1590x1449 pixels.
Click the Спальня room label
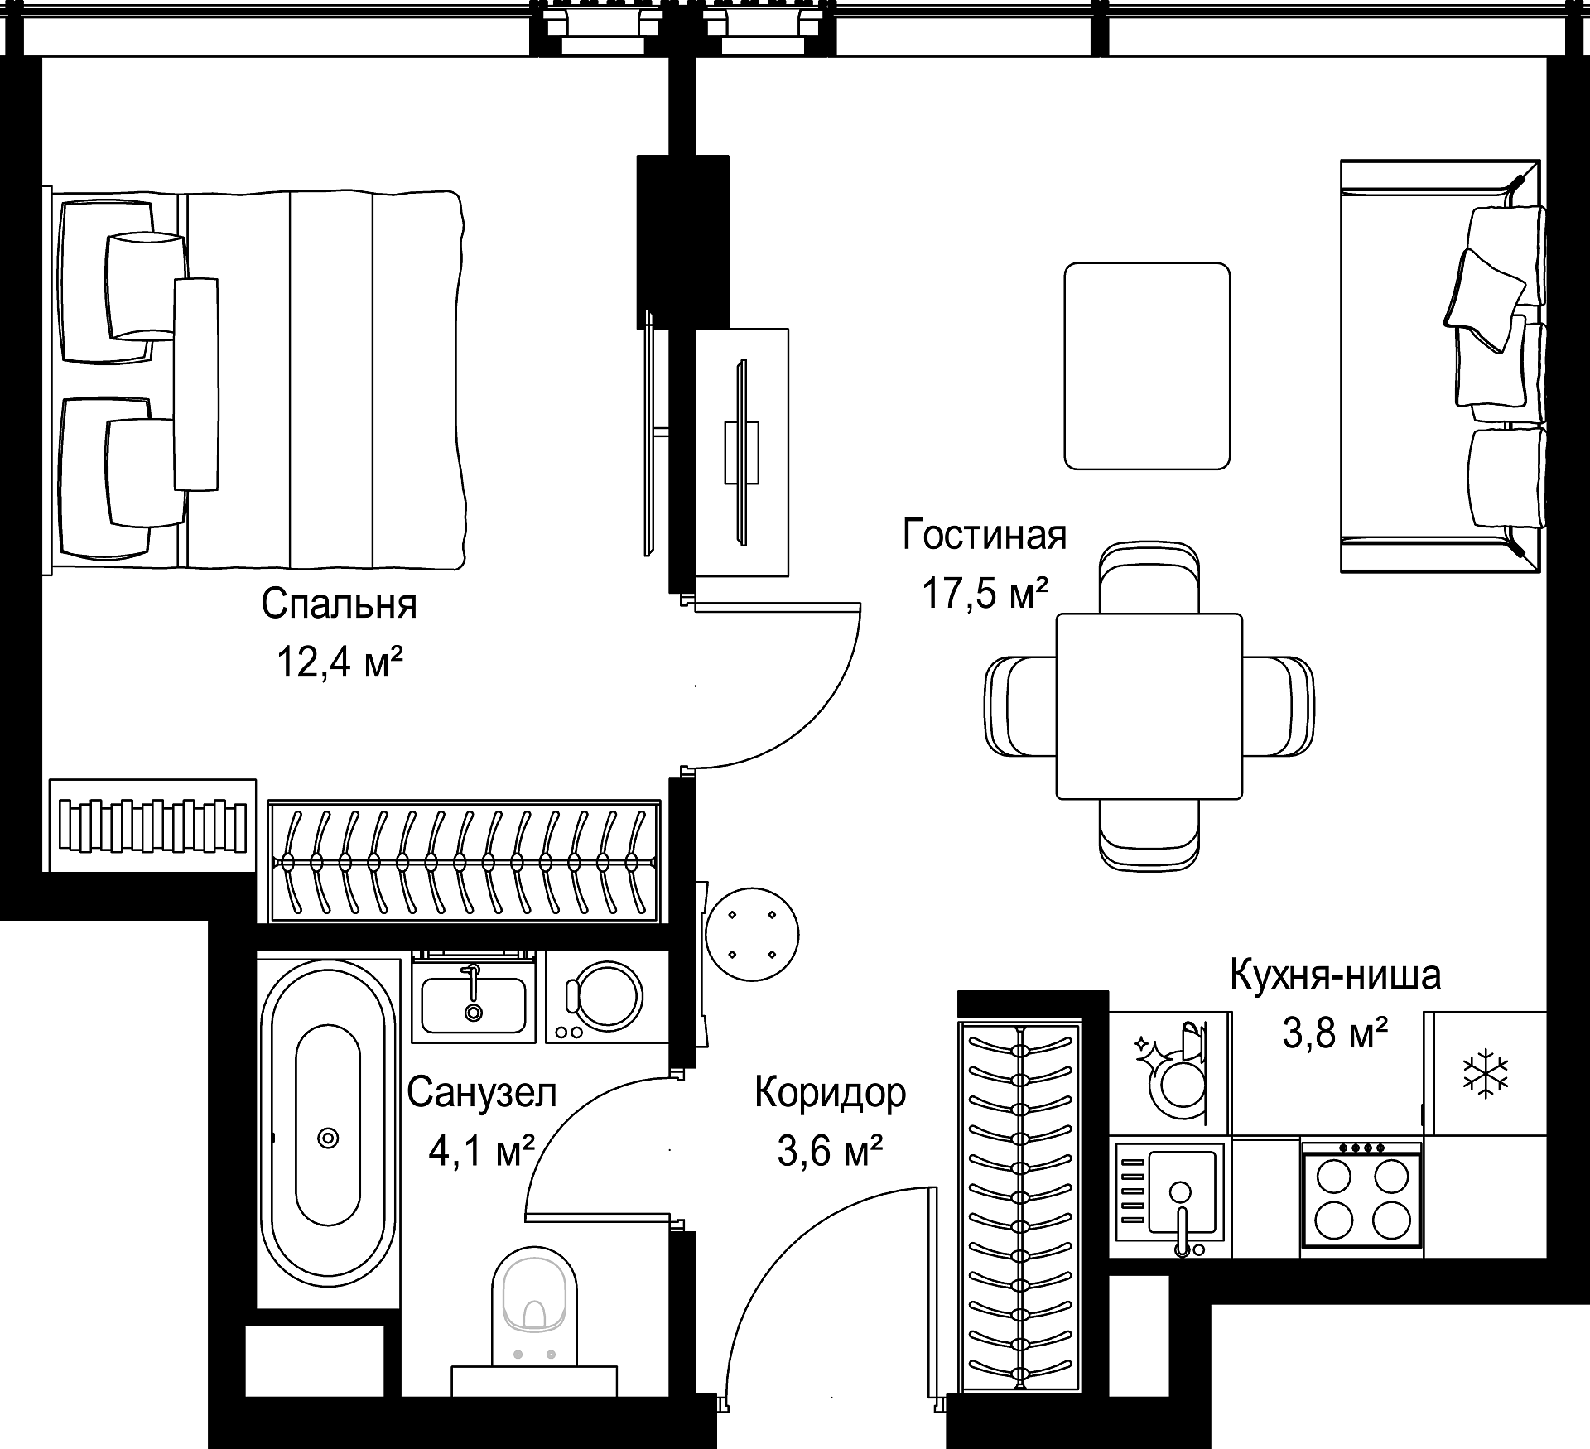click(339, 604)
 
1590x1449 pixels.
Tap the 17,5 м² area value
click(985, 594)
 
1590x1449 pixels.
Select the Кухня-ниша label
click(1335, 975)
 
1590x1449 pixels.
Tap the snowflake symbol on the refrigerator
click(1486, 1074)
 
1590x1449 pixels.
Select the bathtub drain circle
click(329, 1138)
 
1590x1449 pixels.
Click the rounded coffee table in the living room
click(1147, 366)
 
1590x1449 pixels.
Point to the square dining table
click(1149, 705)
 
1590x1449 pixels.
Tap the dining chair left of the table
click(1021, 705)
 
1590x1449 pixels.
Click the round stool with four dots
click(752, 934)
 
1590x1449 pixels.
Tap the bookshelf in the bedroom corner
click(152, 825)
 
